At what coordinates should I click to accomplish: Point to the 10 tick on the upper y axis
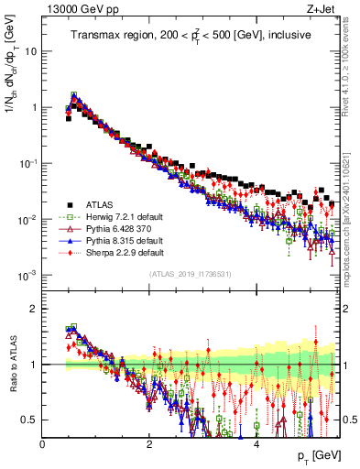pyautogui.click(x=32, y=51)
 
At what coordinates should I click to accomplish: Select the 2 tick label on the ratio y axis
pyautogui.click(x=35, y=309)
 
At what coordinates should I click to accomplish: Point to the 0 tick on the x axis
pyautogui.click(x=43, y=444)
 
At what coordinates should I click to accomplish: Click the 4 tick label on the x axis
pyautogui.click(x=256, y=444)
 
